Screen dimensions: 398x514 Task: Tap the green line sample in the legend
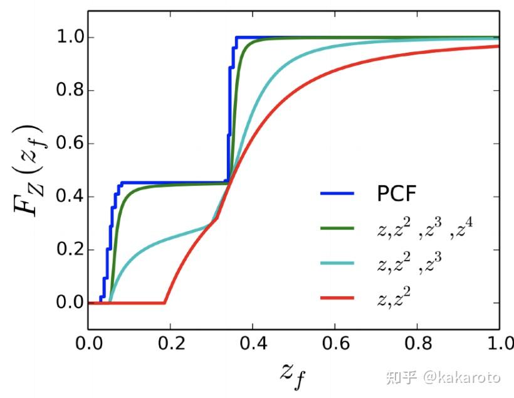tap(337, 228)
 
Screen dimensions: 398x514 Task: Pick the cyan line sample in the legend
tap(337, 262)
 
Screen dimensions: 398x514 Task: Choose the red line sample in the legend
tap(337, 297)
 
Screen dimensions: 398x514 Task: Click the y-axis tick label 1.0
tap(65, 38)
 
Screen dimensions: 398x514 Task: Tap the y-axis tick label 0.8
tap(65, 90)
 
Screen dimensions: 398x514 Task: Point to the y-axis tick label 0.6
tap(65, 144)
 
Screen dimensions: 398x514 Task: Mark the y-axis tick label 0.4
tap(65, 196)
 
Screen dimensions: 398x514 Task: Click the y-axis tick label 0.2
tap(65, 250)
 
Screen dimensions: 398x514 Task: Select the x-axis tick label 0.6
tap(335, 344)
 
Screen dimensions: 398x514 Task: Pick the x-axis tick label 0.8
tap(417, 344)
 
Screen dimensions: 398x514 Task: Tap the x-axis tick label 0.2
tap(170, 344)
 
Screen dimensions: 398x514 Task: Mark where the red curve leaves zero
tap(165, 303)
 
